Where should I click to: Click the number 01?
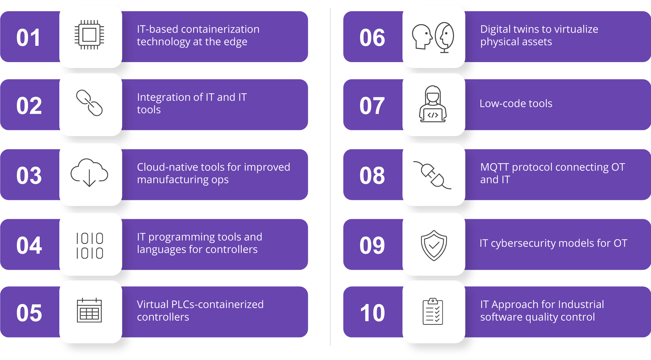click(28, 37)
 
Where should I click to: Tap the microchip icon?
click(89, 35)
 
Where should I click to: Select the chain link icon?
click(89, 103)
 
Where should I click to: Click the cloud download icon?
click(89, 172)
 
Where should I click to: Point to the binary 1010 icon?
click(90, 246)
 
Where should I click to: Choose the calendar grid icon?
click(89, 310)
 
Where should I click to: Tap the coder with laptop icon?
click(433, 104)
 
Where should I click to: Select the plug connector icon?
click(432, 175)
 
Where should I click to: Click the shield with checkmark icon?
click(434, 245)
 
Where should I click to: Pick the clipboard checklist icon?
click(433, 311)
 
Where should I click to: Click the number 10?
click(372, 312)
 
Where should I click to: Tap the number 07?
click(372, 106)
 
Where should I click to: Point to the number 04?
click(29, 245)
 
